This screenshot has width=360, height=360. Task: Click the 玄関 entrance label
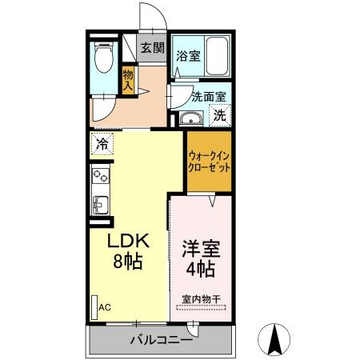(x=152, y=47)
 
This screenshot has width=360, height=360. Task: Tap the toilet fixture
(x=102, y=58)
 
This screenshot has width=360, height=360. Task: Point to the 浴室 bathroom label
(x=188, y=57)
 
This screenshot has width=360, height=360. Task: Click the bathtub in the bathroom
(x=217, y=57)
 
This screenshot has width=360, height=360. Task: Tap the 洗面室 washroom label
(x=209, y=96)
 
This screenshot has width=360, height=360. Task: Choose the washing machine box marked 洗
(x=219, y=114)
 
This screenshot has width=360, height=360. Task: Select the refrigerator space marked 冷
(x=102, y=145)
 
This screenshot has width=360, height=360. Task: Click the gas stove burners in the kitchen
(x=102, y=177)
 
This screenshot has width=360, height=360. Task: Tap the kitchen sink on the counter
(x=101, y=203)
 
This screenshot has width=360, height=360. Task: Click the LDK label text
(x=127, y=241)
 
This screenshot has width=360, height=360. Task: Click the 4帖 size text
(x=200, y=270)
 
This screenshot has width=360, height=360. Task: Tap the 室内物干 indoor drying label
(x=201, y=299)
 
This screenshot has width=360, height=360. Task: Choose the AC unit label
(x=104, y=306)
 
